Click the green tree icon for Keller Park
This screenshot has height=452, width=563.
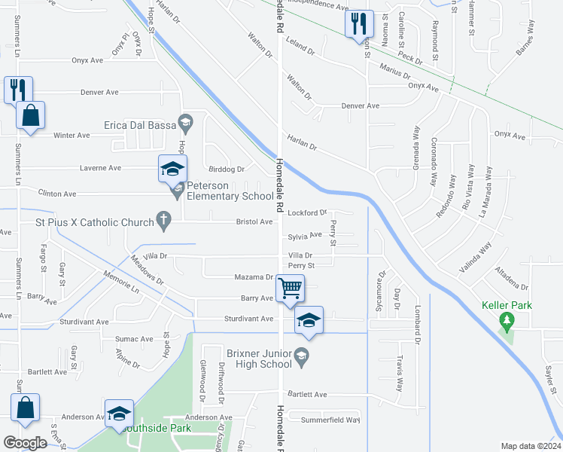(x=507, y=322)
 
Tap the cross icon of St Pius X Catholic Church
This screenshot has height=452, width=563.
(x=162, y=221)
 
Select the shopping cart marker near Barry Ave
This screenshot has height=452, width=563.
(x=290, y=287)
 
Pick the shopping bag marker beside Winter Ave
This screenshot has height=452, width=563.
(x=30, y=116)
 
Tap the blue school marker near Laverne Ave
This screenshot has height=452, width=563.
(x=172, y=169)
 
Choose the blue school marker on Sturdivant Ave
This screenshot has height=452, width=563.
(x=308, y=320)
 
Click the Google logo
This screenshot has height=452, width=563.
(x=26, y=443)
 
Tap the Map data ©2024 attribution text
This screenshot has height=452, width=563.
(x=530, y=446)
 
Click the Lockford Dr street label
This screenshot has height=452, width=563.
(x=307, y=213)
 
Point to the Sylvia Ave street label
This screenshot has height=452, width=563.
(x=305, y=236)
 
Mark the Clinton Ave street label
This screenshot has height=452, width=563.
(x=58, y=194)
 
